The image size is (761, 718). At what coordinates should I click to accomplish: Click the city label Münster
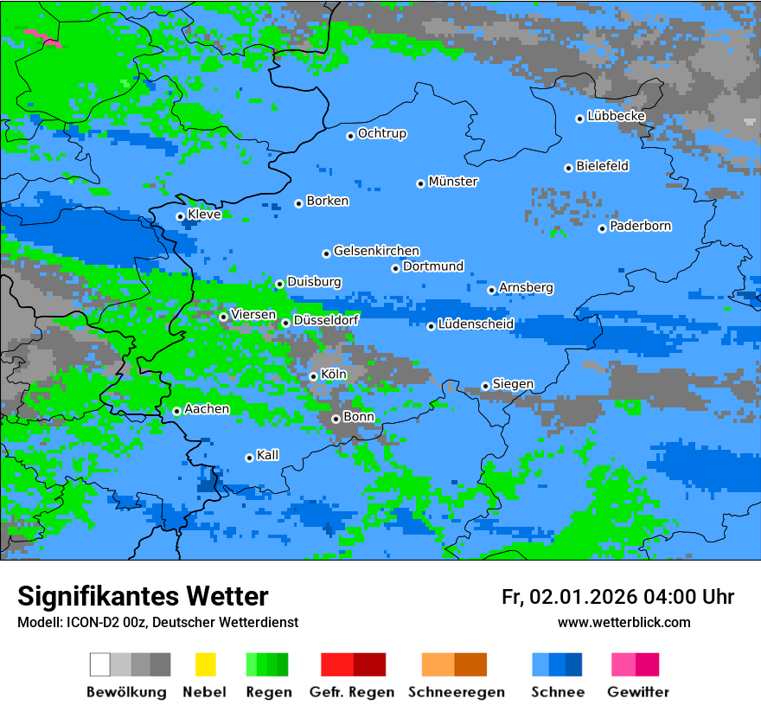[453, 182]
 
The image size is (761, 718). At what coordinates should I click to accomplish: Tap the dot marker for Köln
[313, 376]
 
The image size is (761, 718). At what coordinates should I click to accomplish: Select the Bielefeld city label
[603, 166]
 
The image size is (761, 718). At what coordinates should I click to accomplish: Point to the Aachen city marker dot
[176, 411]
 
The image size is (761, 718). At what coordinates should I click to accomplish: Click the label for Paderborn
[641, 227]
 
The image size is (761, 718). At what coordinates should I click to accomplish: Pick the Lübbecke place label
[617, 116]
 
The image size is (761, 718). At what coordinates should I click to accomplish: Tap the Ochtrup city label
[382, 134]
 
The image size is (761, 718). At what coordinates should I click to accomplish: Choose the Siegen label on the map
[514, 384]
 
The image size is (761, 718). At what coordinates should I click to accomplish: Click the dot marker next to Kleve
[180, 216]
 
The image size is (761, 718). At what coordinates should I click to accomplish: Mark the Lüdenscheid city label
[476, 324]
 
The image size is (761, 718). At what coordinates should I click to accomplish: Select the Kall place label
[268, 455]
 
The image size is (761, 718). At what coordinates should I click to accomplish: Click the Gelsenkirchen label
[377, 251]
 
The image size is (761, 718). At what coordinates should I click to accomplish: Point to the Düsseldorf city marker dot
[285, 323]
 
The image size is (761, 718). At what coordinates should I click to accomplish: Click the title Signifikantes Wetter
[143, 596]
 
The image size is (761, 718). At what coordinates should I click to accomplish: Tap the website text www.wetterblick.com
[624, 622]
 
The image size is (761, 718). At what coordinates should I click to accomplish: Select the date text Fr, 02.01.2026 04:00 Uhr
[617, 597]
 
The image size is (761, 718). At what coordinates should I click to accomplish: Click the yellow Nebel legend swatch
[205, 664]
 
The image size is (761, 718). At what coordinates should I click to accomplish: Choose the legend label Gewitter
[638, 692]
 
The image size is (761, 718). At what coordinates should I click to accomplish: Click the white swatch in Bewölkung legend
[100, 664]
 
